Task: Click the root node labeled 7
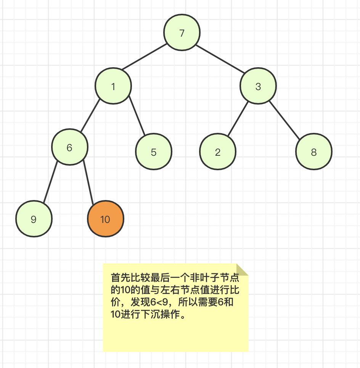[182, 32]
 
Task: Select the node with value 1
[113, 86]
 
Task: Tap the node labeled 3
[258, 86]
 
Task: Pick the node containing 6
[70, 147]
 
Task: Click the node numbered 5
[154, 152]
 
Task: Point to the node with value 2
[218, 152]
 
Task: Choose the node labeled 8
[314, 152]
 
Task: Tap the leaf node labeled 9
[34, 219]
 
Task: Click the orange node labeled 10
[106, 219]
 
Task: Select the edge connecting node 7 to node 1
[144, 56]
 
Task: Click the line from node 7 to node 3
[220, 58]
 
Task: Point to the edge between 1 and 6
[90, 115]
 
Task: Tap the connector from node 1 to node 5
[137, 115]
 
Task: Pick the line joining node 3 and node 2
[238, 118]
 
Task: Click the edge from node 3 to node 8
[284, 120]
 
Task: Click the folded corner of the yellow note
[242, 270]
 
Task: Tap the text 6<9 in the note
[159, 302]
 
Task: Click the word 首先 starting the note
[120, 278]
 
